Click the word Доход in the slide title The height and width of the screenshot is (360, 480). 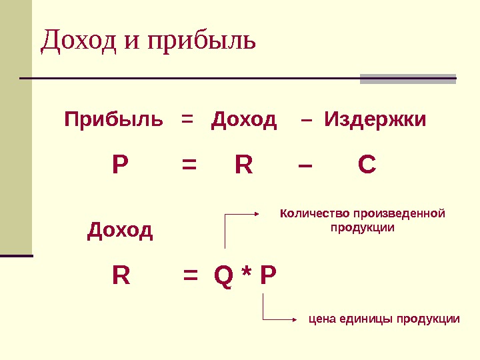pos(80,41)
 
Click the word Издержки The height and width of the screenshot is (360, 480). pos(375,121)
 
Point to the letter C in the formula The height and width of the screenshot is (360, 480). pos(367,165)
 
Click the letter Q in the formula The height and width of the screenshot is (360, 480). pos(225,275)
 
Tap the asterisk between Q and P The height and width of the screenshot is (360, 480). pos(246,273)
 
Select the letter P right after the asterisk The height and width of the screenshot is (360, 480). pos(267,275)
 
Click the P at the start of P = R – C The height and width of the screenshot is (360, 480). pos(120,165)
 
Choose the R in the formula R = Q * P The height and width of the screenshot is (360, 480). pos(121,275)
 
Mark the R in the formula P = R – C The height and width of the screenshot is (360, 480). pos(244,165)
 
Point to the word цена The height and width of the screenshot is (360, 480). pos(322,319)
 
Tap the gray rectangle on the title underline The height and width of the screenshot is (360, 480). pos(408,79)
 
